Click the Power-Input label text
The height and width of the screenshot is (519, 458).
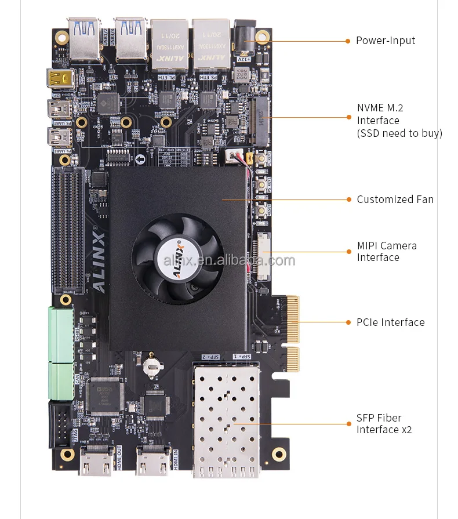(385, 41)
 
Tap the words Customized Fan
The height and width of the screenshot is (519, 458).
(395, 199)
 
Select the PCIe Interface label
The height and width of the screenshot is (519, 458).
(390, 322)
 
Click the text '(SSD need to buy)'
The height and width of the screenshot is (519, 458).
(399, 133)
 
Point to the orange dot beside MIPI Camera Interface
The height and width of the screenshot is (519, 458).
(348, 252)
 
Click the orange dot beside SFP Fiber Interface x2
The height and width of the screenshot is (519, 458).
(348, 424)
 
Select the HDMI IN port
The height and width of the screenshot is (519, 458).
(152, 460)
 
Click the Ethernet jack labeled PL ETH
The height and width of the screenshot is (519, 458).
(169, 44)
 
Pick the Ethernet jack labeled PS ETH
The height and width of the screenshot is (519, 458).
(211, 44)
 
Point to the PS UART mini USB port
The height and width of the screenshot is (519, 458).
(60, 108)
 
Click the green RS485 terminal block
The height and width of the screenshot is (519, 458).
(60, 334)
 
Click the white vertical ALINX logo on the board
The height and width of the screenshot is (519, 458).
(98, 261)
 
